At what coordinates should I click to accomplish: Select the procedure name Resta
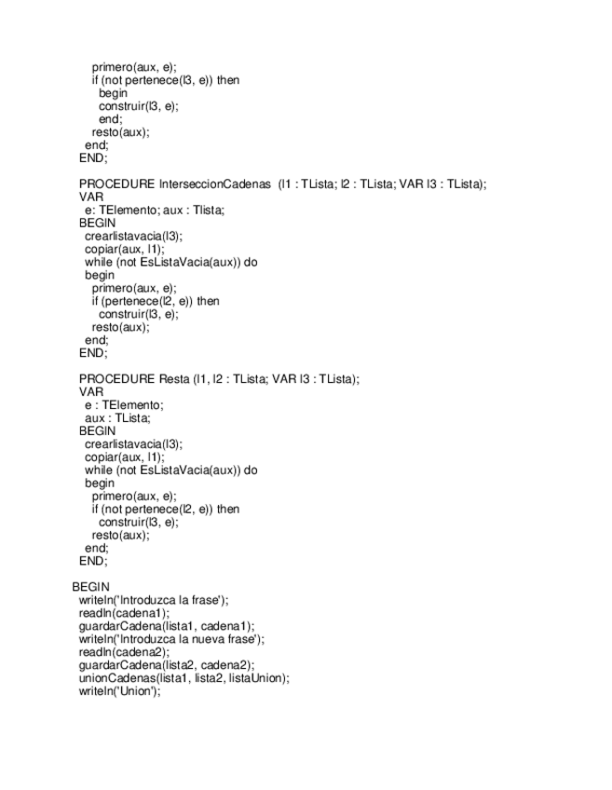pos(168,379)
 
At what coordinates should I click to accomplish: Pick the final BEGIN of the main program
pos(90,587)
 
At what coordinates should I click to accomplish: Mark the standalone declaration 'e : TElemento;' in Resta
pos(124,405)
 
